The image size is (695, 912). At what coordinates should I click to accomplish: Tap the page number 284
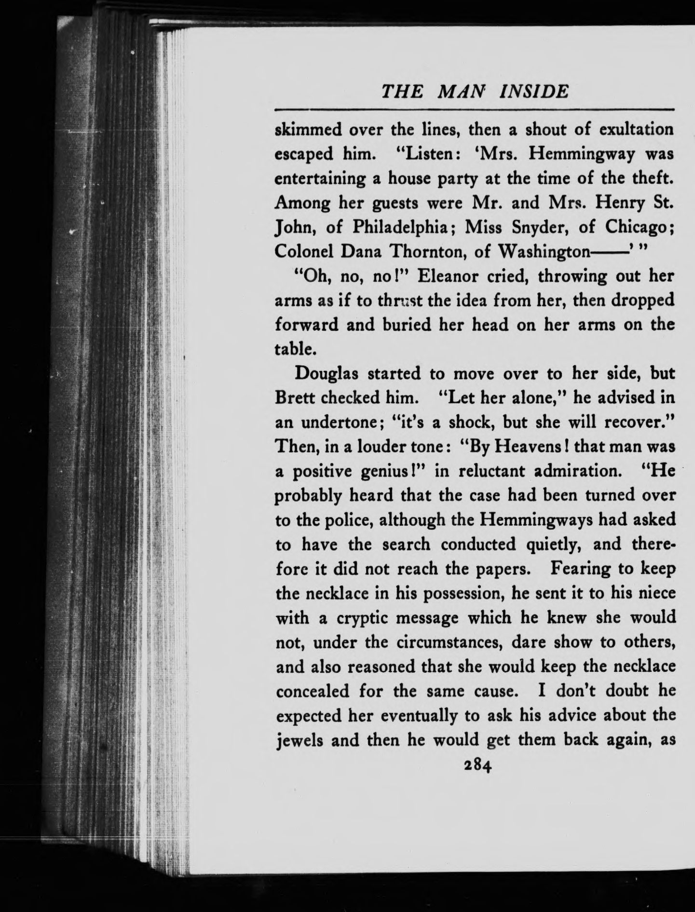[x=476, y=766]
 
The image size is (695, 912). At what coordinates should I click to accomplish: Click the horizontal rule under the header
[x=474, y=110]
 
